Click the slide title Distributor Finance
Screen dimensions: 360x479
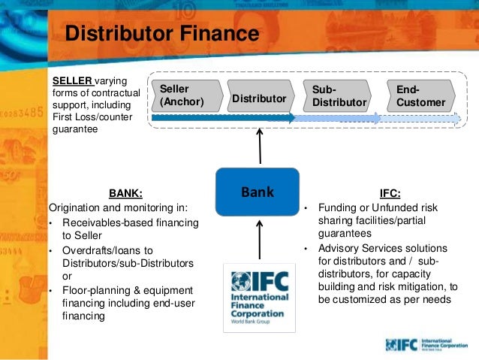click(x=161, y=35)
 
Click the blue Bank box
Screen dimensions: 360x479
click(x=258, y=192)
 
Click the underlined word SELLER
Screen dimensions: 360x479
click(x=71, y=80)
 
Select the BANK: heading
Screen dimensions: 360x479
click(x=125, y=192)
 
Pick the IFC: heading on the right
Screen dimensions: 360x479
click(x=390, y=192)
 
